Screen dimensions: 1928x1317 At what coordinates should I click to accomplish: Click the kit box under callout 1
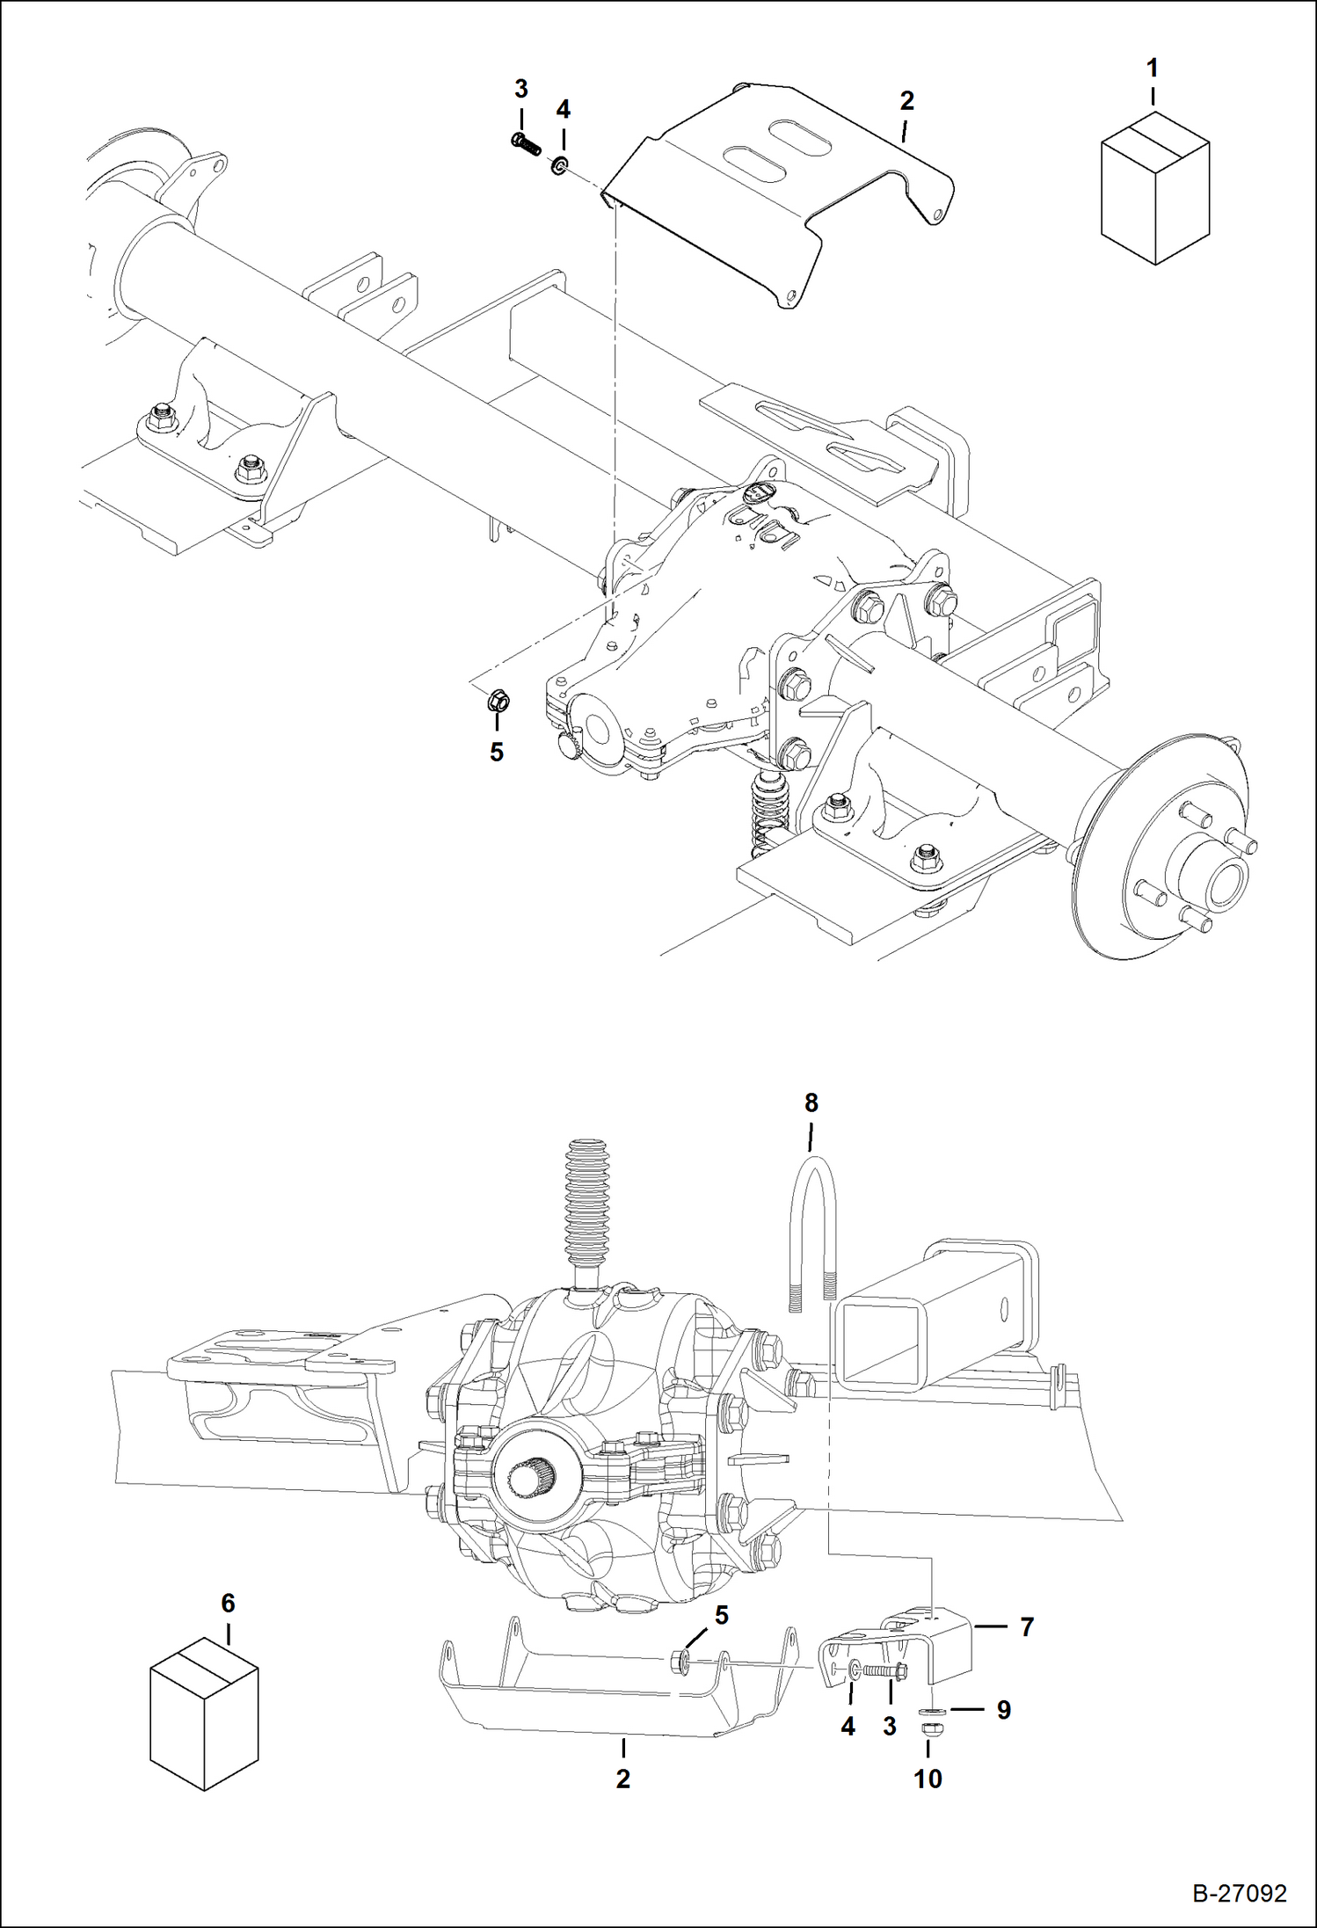[x=1154, y=188]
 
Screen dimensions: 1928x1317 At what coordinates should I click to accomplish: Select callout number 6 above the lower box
[x=228, y=1603]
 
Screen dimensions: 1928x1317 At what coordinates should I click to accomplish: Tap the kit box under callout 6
[x=204, y=1713]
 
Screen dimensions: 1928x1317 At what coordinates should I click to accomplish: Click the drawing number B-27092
[x=1239, y=1893]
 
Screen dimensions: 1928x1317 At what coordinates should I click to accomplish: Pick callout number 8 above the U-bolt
[x=811, y=1102]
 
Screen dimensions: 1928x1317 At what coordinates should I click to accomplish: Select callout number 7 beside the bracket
[x=1026, y=1627]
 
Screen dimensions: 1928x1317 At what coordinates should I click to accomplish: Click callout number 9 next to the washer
[x=1002, y=1710]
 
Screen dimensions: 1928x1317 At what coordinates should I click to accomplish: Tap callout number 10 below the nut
[x=928, y=1778]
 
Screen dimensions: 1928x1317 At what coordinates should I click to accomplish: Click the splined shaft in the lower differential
[x=530, y=1479]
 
